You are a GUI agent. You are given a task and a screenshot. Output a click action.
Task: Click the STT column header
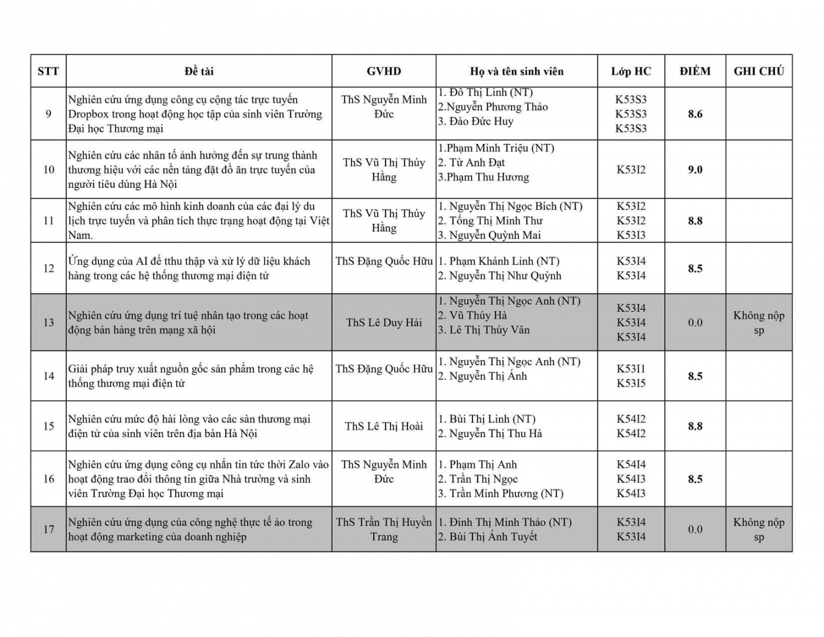click(x=48, y=71)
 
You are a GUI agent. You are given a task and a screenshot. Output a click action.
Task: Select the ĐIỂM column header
click(x=695, y=71)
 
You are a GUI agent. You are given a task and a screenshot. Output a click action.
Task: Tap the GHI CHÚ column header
click(x=759, y=71)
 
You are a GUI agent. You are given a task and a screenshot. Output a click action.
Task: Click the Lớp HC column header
click(x=631, y=71)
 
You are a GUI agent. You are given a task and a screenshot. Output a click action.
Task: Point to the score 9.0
click(x=695, y=170)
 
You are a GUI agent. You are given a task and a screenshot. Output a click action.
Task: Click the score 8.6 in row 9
click(x=695, y=114)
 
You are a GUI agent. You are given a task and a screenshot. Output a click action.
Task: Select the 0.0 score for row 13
click(x=695, y=322)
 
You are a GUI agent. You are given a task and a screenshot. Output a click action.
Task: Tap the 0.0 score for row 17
click(x=695, y=529)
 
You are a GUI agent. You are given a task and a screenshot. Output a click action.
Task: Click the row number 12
click(x=48, y=269)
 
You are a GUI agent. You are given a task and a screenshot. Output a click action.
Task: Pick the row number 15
click(x=48, y=426)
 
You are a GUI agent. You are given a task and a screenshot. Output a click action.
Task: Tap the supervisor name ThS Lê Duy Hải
click(x=384, y=322)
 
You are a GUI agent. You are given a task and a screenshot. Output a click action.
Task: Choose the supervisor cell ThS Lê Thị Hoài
click(x=384, y=426)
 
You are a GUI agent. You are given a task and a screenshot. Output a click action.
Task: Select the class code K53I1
click(x=631, y=369)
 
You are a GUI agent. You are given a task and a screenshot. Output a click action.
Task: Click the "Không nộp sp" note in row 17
click(x=759, y=529)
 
